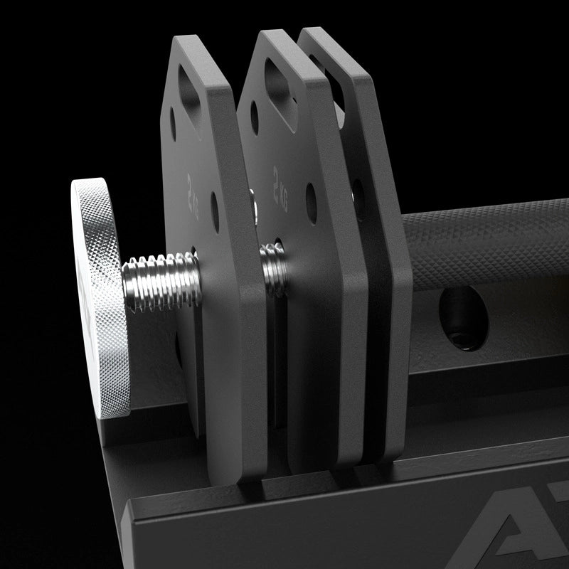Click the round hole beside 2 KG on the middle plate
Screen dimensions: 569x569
tap(310, 201)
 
